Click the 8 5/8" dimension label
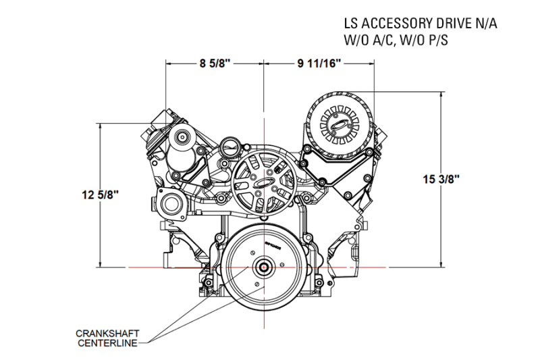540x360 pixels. tap(215, 64)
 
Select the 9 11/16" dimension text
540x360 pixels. tap(319, 64)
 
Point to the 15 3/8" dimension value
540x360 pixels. tap(441, 179)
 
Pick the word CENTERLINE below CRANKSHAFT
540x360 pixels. tap(107, 344)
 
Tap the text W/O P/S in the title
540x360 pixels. tap(423, 40)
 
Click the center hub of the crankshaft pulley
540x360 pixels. tap(263, 267)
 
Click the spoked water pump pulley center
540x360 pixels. tap(261, 184)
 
